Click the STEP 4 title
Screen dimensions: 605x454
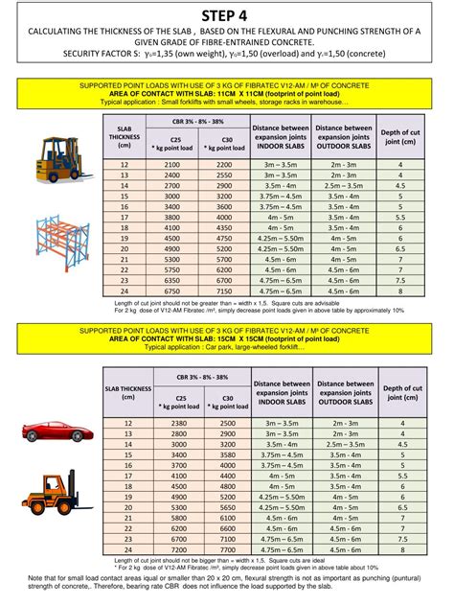[x=228, y=15]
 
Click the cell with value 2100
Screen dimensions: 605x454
[x=172, y=166]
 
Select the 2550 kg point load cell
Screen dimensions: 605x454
[x=225, y=176]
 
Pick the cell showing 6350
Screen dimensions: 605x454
[x=172, y=281]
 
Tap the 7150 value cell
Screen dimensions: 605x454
[x=225, y=291]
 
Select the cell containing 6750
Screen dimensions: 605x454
[x=172, y=291]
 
